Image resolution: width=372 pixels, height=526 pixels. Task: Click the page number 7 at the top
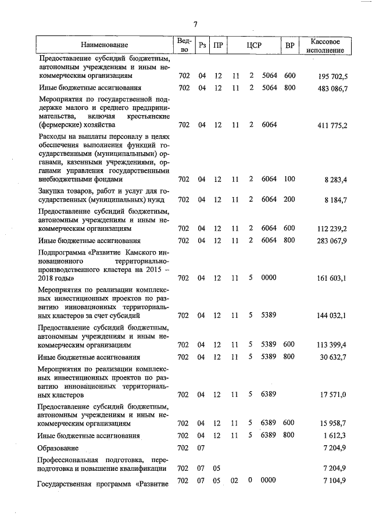click(196, 24)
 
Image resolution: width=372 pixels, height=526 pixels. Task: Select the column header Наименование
click(105, 45)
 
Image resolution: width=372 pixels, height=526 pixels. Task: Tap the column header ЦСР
click(252, 45)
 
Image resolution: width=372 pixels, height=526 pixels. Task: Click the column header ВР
click(289, 45)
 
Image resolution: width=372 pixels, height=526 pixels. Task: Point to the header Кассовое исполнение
click(325, 45)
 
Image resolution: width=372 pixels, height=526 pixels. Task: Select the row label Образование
click(58, 448)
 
